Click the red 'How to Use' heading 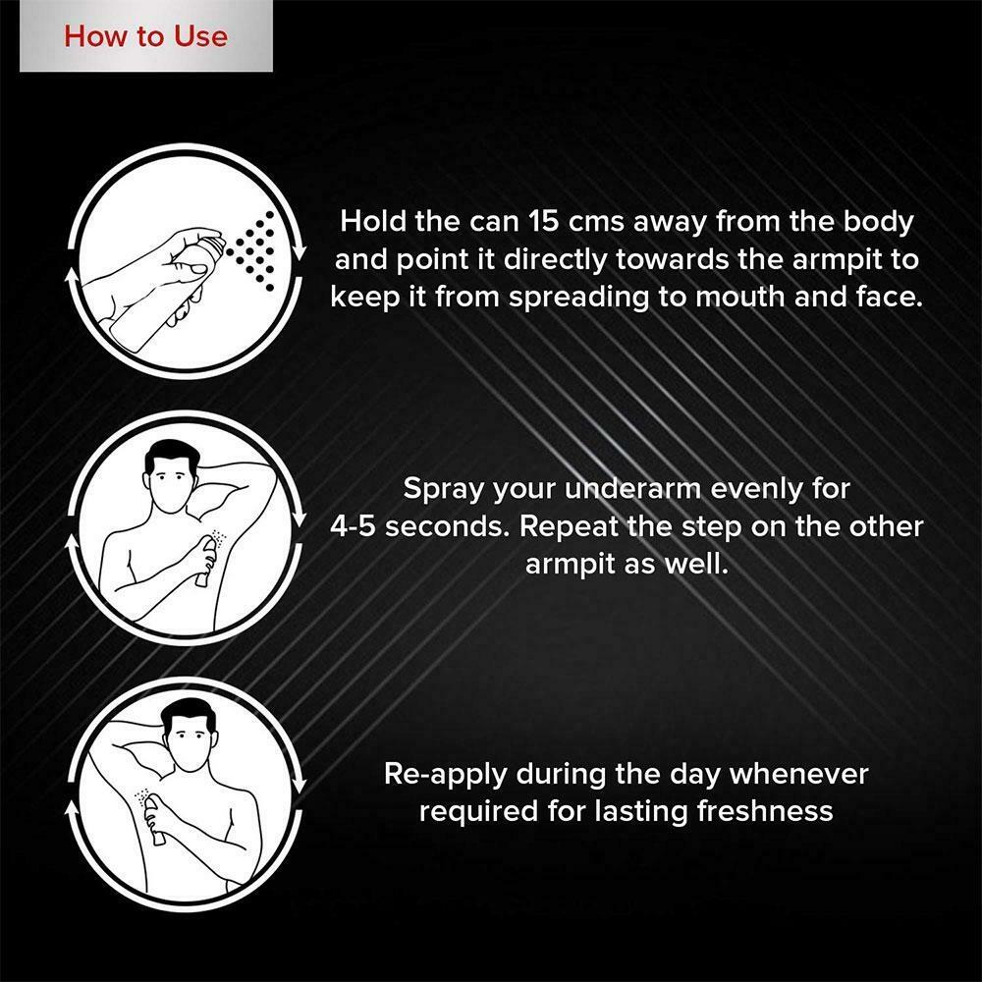pyautogui.click(x=145, y=36)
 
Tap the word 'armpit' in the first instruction pyautogui.click(x=839, y=260)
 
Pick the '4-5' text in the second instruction pyautogui.click(x=354, y=526)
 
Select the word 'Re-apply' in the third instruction pyautogui.click(x=445, y=775)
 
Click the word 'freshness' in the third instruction pyautogui.click(x=765, y=810)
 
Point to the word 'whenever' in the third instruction pyautogui.click(x=798, y=774)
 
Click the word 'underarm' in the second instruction pyautogui.click(x=632, y=489)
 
